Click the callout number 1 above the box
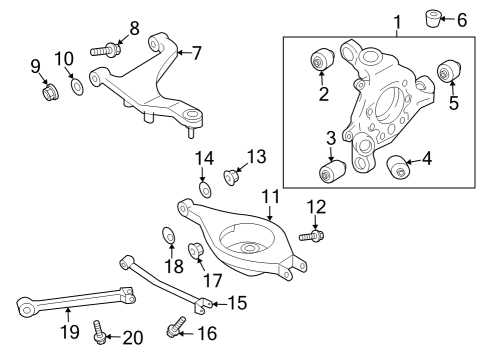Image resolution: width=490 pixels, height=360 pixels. (396, 20)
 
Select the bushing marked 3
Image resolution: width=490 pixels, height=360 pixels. (331, 171)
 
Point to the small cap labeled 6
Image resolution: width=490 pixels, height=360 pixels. (437, 18)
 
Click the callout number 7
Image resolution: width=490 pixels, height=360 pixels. (196, 50)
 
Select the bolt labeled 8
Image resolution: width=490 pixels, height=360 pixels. (109, 46)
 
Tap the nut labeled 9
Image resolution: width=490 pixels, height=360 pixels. (47, 93)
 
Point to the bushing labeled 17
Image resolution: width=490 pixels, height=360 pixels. (197, 249)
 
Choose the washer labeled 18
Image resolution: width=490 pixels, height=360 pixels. (169, 237)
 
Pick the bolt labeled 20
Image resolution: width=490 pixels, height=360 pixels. (100, 330)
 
